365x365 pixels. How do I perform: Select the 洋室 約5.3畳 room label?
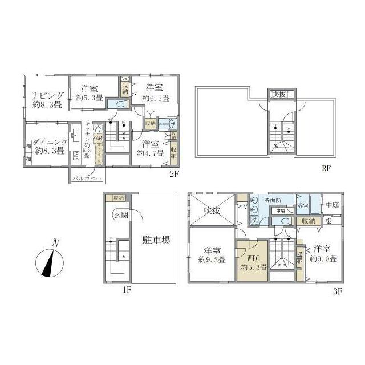pyautogui.click(x=89, y=93)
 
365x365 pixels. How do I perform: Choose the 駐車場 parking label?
pyautogui.click(x=156, y=241)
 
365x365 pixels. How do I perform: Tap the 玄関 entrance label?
pyautogui.click(x=120, y=215)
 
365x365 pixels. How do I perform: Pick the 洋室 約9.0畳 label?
pyautogui.click(x=322, y=253)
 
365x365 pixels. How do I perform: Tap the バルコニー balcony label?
pyautogui.click(x=87, y=179)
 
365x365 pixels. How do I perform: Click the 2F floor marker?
pyautogui.click(x=174, y=173)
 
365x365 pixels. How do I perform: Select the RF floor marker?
pyautogui.click(x=326, y=169)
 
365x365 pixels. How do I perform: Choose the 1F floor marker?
pyautogui.click(x=126, y=290)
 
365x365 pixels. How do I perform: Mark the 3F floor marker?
pyautogui.click(x=337, y=291)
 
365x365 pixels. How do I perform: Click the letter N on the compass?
pyautogui.click(x=55, y=243)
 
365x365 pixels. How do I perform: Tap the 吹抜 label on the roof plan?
pyautogui.click(x=278, y=94)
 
